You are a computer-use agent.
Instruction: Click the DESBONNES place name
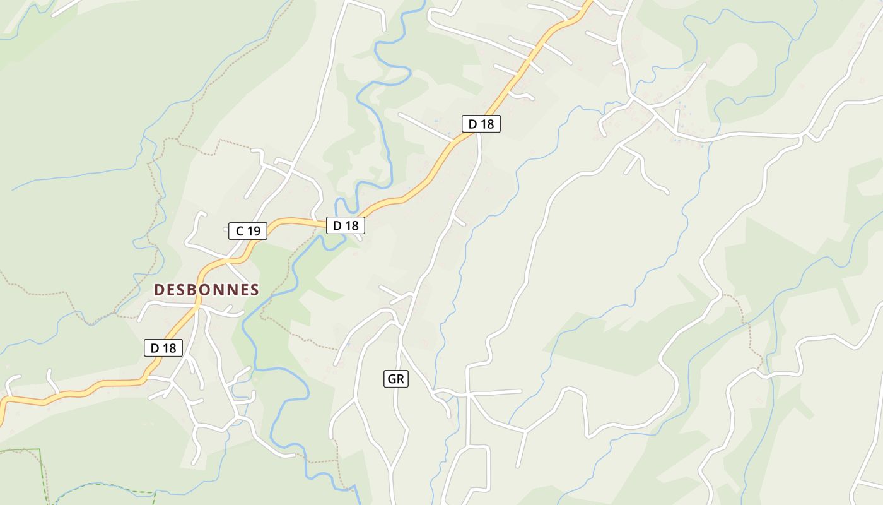pos(206,290)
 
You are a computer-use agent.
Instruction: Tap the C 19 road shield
pos(248,231)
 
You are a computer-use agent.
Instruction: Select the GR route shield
pos(396,379)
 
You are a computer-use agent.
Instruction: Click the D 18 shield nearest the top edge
pos(481,124)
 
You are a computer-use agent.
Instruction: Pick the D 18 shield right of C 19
pos(345,225)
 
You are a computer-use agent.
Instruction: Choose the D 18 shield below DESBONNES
pos(163,347)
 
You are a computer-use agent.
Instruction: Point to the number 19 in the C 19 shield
pos(253,231)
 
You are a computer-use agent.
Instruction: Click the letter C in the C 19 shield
pos(239,231)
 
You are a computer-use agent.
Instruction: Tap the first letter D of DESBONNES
pos(159,290)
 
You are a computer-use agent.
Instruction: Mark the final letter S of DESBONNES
pos(254,290)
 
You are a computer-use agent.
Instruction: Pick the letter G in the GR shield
pos(392,379)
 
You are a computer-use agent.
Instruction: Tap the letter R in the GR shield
pos(401,379)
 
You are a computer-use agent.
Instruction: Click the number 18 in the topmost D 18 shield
pos(486,124)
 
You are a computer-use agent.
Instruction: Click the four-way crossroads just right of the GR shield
pos(467,395)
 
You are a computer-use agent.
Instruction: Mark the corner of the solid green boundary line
pos(40,449)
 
